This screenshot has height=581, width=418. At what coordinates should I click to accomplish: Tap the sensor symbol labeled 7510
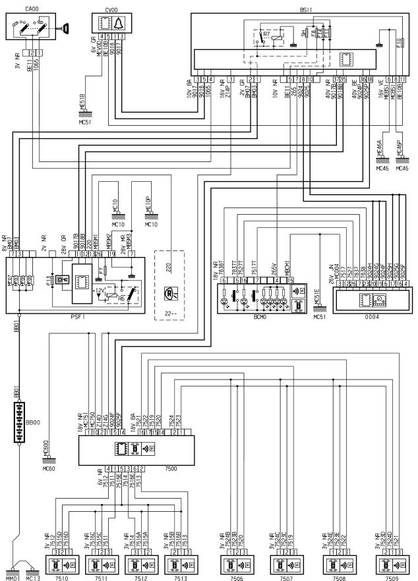(58, 565)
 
